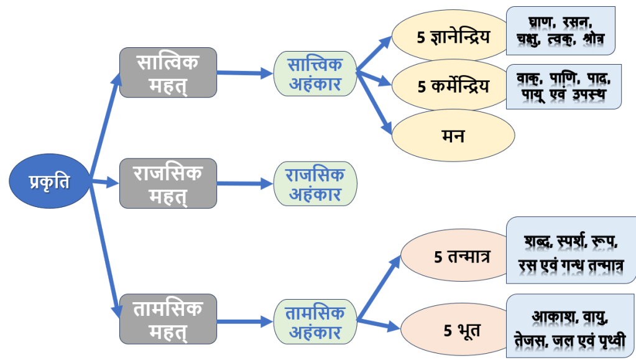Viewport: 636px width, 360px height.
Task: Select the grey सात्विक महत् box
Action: [x=168, y=73]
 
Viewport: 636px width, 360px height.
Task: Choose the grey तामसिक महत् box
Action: [x=168, y=320]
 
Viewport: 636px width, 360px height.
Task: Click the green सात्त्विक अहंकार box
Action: [x=315, y=73]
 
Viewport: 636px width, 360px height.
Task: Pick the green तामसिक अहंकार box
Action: [x=315, y=321]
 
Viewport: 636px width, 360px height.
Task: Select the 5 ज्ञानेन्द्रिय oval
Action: [x=454, y=37]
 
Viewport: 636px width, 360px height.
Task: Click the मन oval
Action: [x=454, y=135]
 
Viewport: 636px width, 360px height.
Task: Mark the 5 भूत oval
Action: [x=454, y=327]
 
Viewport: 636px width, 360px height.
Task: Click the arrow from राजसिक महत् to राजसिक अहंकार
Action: [x=245, y=183]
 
